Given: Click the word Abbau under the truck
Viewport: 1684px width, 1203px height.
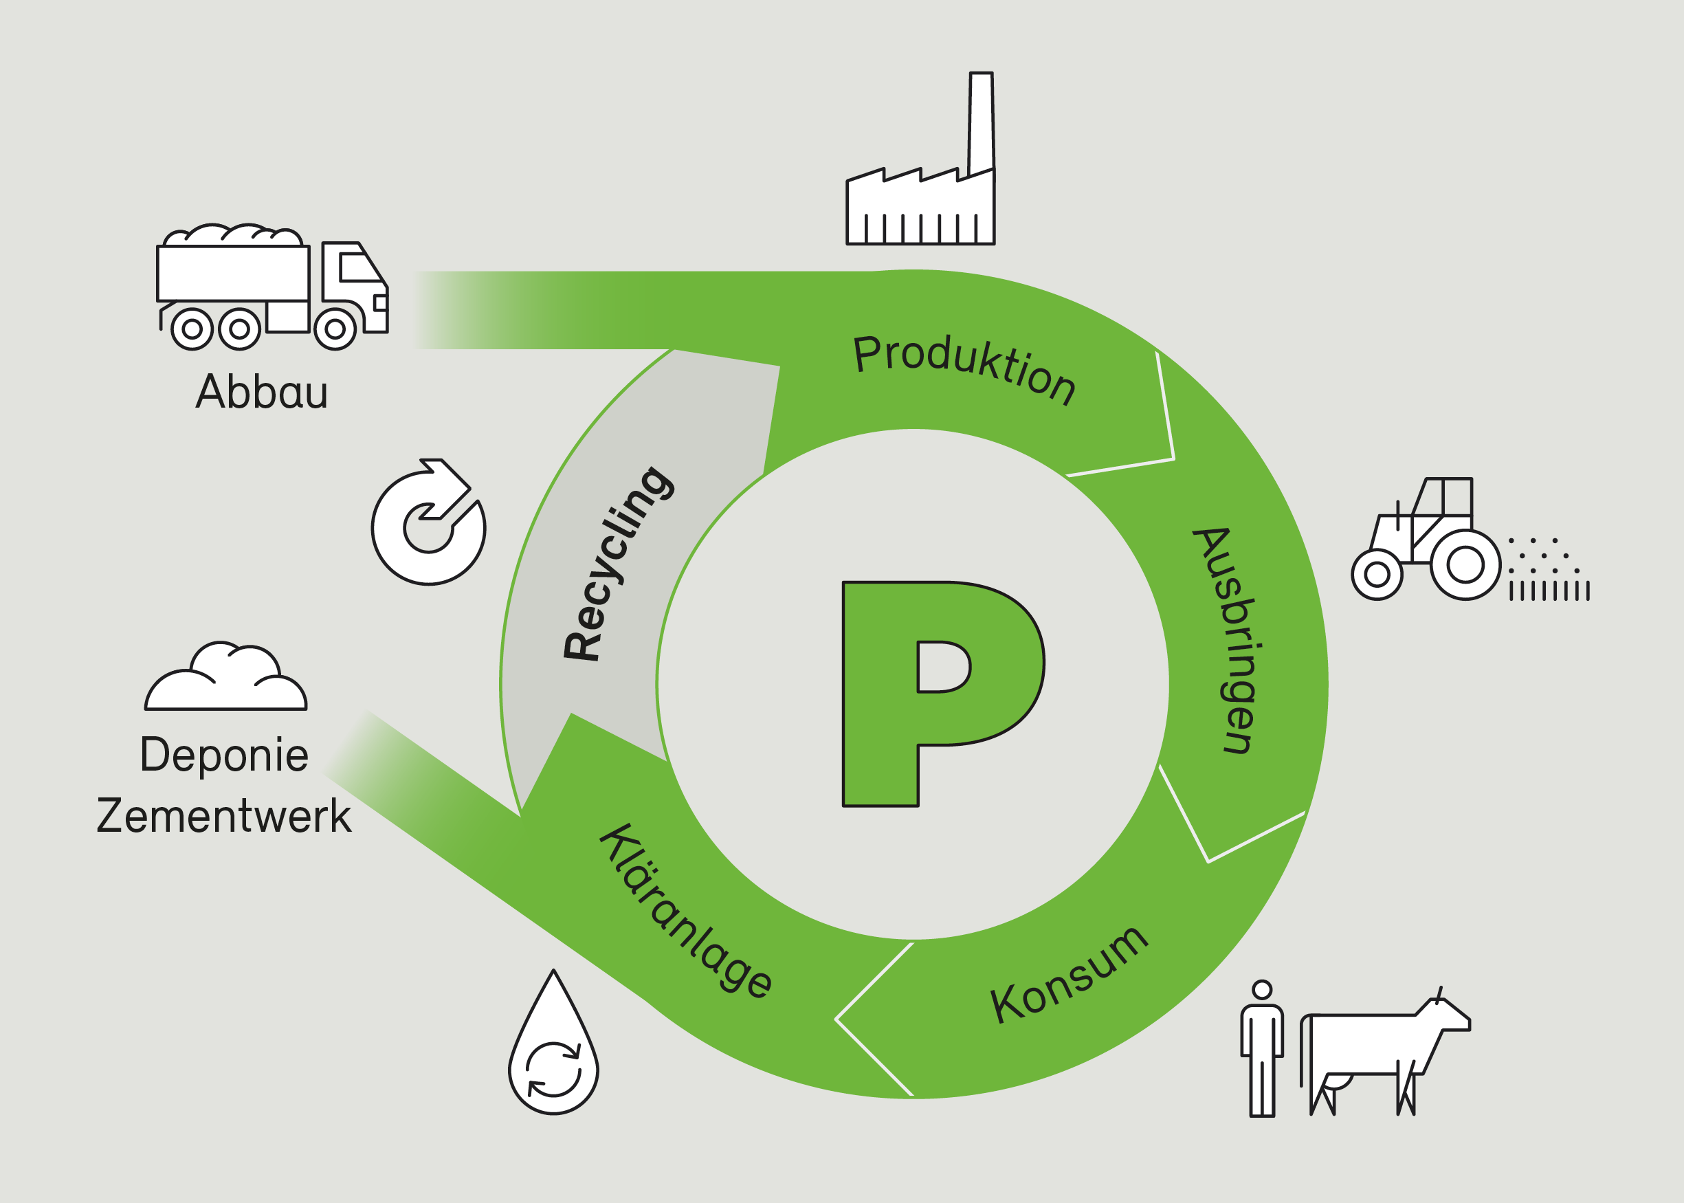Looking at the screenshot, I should (x=261, y=392).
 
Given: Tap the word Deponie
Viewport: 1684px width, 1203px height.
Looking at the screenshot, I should (x=223, y=755).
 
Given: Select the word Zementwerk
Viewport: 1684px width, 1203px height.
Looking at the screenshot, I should (x=223, y=817).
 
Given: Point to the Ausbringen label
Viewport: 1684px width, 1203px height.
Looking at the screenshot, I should (x=1228, y=641).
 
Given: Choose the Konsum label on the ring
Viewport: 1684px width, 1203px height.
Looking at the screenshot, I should (x=1069, y=974).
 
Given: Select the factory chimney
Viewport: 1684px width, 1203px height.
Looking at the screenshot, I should (x=982, y=122).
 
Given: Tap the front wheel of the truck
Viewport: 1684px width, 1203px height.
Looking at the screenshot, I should (x=335, y=328).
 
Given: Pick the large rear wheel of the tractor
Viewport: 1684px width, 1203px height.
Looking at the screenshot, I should (x=1465, y=565).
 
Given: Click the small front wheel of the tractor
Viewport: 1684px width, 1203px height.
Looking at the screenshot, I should (x=1377, y=574).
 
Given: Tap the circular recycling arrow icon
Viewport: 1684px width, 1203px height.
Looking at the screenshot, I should (x=429, y=522).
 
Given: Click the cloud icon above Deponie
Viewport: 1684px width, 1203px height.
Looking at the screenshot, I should (x=225, y=680).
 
